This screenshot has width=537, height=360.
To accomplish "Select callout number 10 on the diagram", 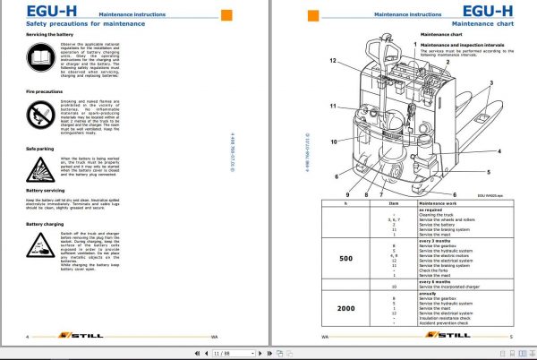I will click(332, 141).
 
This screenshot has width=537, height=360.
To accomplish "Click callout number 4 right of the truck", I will click(499, 151).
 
